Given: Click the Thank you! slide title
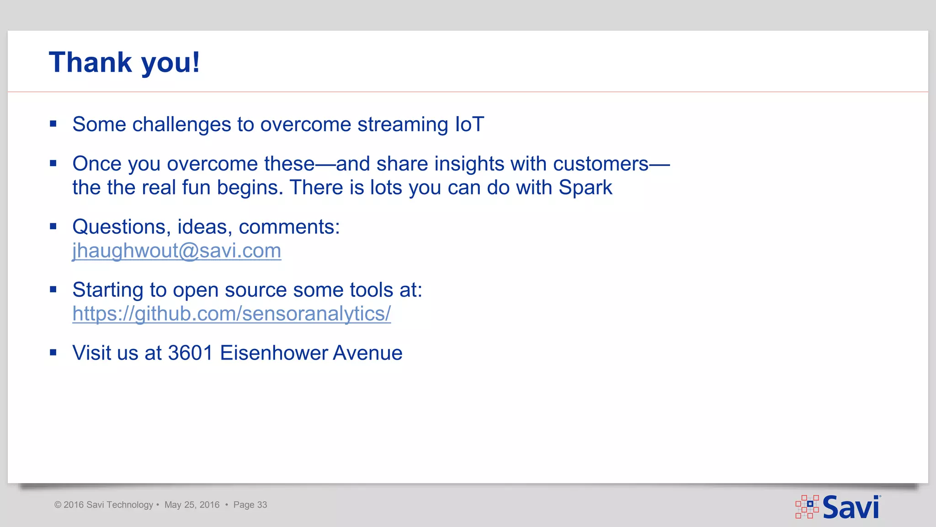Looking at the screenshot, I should click(124, 62).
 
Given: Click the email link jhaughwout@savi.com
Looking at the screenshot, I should click(176, 251).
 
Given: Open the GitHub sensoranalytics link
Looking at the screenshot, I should click(231, 314).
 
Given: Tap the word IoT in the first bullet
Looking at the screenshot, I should click(469, 124).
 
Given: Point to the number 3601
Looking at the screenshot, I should click(191, 353).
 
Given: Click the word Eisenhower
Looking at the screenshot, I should click(274, 353).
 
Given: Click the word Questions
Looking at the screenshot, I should click(121, 227).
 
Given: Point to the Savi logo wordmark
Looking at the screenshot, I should click(851, 507).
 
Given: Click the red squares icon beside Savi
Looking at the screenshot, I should click(807, 506).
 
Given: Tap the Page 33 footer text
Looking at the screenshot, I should click(250, 505).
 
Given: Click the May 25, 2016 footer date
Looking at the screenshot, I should click(192, 505).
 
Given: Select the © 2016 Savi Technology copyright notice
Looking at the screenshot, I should click(104, 505).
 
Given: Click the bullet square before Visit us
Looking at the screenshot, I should click(53, 352).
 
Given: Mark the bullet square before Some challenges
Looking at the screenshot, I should click(53, 124).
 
